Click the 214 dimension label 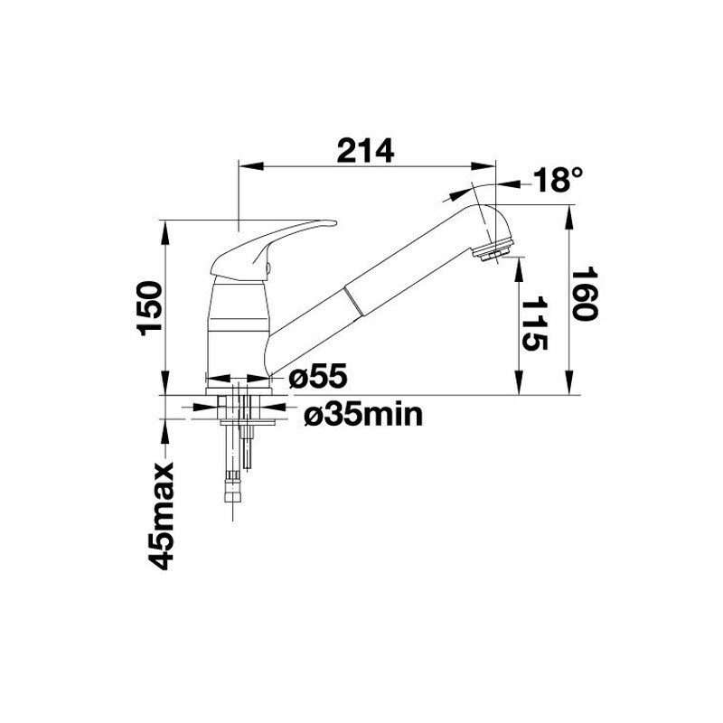tap(365, 150)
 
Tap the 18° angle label tap(558, 179)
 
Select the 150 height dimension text tap(150, 308)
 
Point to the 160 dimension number tap(585, 295)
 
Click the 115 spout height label tap(534, 324)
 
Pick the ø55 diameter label tap(318, 376)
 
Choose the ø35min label tap(363, 415)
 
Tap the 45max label tap(161, 516)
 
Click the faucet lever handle tap(273, 250)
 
